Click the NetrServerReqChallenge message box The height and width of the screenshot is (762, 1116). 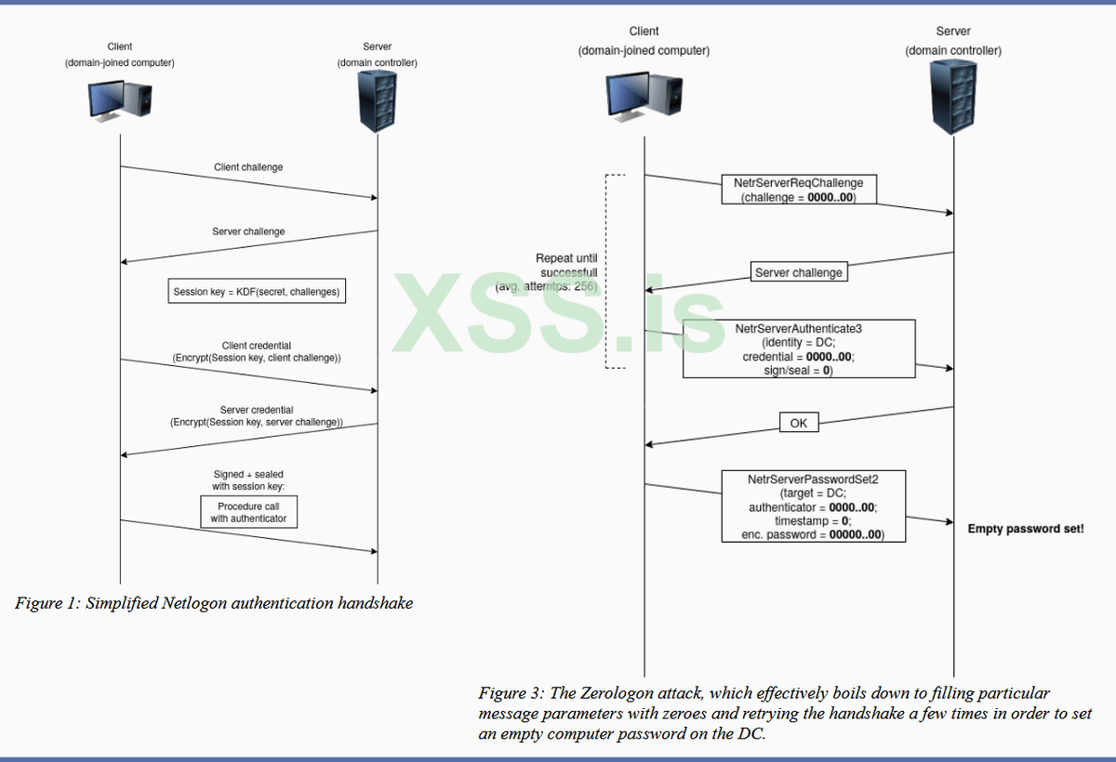799,190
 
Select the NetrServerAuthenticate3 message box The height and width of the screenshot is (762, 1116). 799,348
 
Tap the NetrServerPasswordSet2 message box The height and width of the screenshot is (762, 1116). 814,506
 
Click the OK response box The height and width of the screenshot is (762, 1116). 799,423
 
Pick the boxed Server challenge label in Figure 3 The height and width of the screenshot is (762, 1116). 799,273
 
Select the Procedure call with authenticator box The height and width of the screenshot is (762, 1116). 248,512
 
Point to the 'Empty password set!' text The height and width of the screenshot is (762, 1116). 1026,529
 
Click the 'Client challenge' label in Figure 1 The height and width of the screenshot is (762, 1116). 248,167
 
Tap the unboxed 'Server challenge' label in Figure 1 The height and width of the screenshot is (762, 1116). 248,231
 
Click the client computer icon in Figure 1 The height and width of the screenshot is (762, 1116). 121,100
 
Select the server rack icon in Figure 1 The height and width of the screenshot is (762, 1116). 377,100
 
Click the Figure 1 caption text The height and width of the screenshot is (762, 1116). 214,603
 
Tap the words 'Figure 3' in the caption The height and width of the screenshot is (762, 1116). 509,693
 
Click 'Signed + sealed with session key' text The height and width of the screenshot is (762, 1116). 248,480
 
